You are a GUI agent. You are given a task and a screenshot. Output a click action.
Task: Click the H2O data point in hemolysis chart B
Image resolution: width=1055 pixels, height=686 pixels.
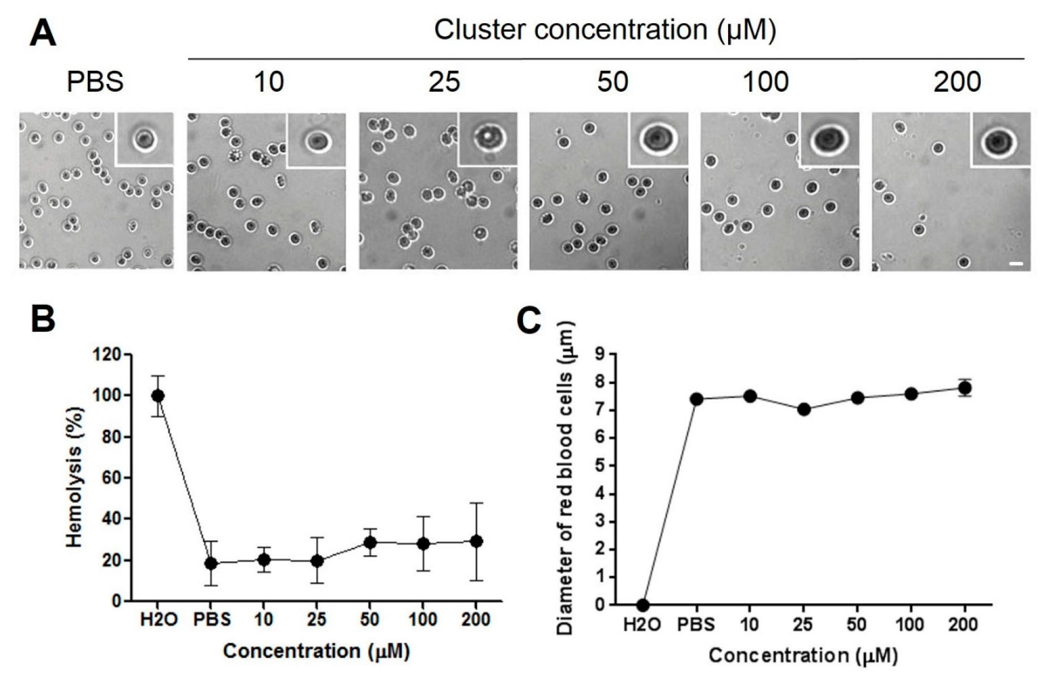pos(158,395)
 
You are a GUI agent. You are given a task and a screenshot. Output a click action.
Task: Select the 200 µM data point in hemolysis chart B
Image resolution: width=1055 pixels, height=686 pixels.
pos(477,541)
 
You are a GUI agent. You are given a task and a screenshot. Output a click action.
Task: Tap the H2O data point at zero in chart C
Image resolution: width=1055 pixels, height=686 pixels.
pos(643,605)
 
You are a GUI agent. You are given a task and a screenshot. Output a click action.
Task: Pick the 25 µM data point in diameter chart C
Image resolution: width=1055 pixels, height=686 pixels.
pos(803,409)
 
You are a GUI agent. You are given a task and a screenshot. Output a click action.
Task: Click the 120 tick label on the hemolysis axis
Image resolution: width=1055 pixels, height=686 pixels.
pos(107,355)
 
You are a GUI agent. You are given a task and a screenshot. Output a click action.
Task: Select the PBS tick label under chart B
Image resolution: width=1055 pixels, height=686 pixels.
pos(212,619)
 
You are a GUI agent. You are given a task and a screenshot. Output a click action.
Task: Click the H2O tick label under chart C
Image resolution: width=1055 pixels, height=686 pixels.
pos(642,625)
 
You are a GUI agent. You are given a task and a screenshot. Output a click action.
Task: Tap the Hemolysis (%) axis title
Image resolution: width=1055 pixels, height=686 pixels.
pos(74,477)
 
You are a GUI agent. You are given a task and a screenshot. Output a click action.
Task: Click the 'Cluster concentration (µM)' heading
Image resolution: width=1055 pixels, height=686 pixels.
pos(605,29)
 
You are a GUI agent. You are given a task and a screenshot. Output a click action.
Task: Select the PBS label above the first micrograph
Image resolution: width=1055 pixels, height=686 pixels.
pos(95,82)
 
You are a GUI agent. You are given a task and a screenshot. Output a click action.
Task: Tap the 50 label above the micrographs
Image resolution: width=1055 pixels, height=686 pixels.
pos(612,82)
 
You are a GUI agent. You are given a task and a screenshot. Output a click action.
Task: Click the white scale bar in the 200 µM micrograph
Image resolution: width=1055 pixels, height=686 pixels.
pos(1016,263)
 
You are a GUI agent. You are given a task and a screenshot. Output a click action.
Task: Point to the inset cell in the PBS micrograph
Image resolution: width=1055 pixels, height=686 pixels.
pos(144,139)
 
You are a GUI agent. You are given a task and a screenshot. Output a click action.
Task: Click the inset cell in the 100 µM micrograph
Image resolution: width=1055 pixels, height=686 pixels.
pos(829,139)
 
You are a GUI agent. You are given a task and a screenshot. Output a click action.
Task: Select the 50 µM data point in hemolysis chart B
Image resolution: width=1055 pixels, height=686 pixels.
pos(370,543)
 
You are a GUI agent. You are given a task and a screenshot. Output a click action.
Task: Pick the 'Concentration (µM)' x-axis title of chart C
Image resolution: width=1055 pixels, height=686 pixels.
pos(803,655)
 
